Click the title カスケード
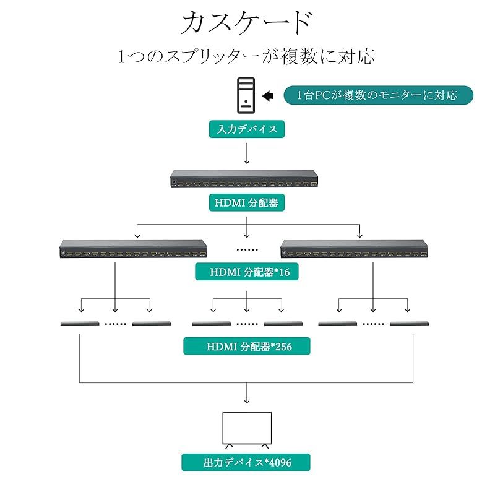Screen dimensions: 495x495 click(247, 24)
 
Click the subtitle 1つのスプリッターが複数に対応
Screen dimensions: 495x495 click(247, 57)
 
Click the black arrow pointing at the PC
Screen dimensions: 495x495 click(268, 95)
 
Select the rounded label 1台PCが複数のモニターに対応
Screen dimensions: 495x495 click(378, 95)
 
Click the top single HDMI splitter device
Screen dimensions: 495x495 click(247, 179)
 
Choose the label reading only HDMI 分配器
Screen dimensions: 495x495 click(247, 202)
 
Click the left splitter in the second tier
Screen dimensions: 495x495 click(132, 249)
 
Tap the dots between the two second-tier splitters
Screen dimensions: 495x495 click(247, 249)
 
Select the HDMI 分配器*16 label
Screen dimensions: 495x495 click(247, 271)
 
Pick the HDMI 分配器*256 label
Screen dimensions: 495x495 click(247, 346)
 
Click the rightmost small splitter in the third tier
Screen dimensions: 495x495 click(410, 324)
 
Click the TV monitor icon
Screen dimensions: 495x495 click(247, 429)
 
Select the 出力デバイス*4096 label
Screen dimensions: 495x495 click(246, 462)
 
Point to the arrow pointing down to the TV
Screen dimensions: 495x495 click(247, 395)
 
